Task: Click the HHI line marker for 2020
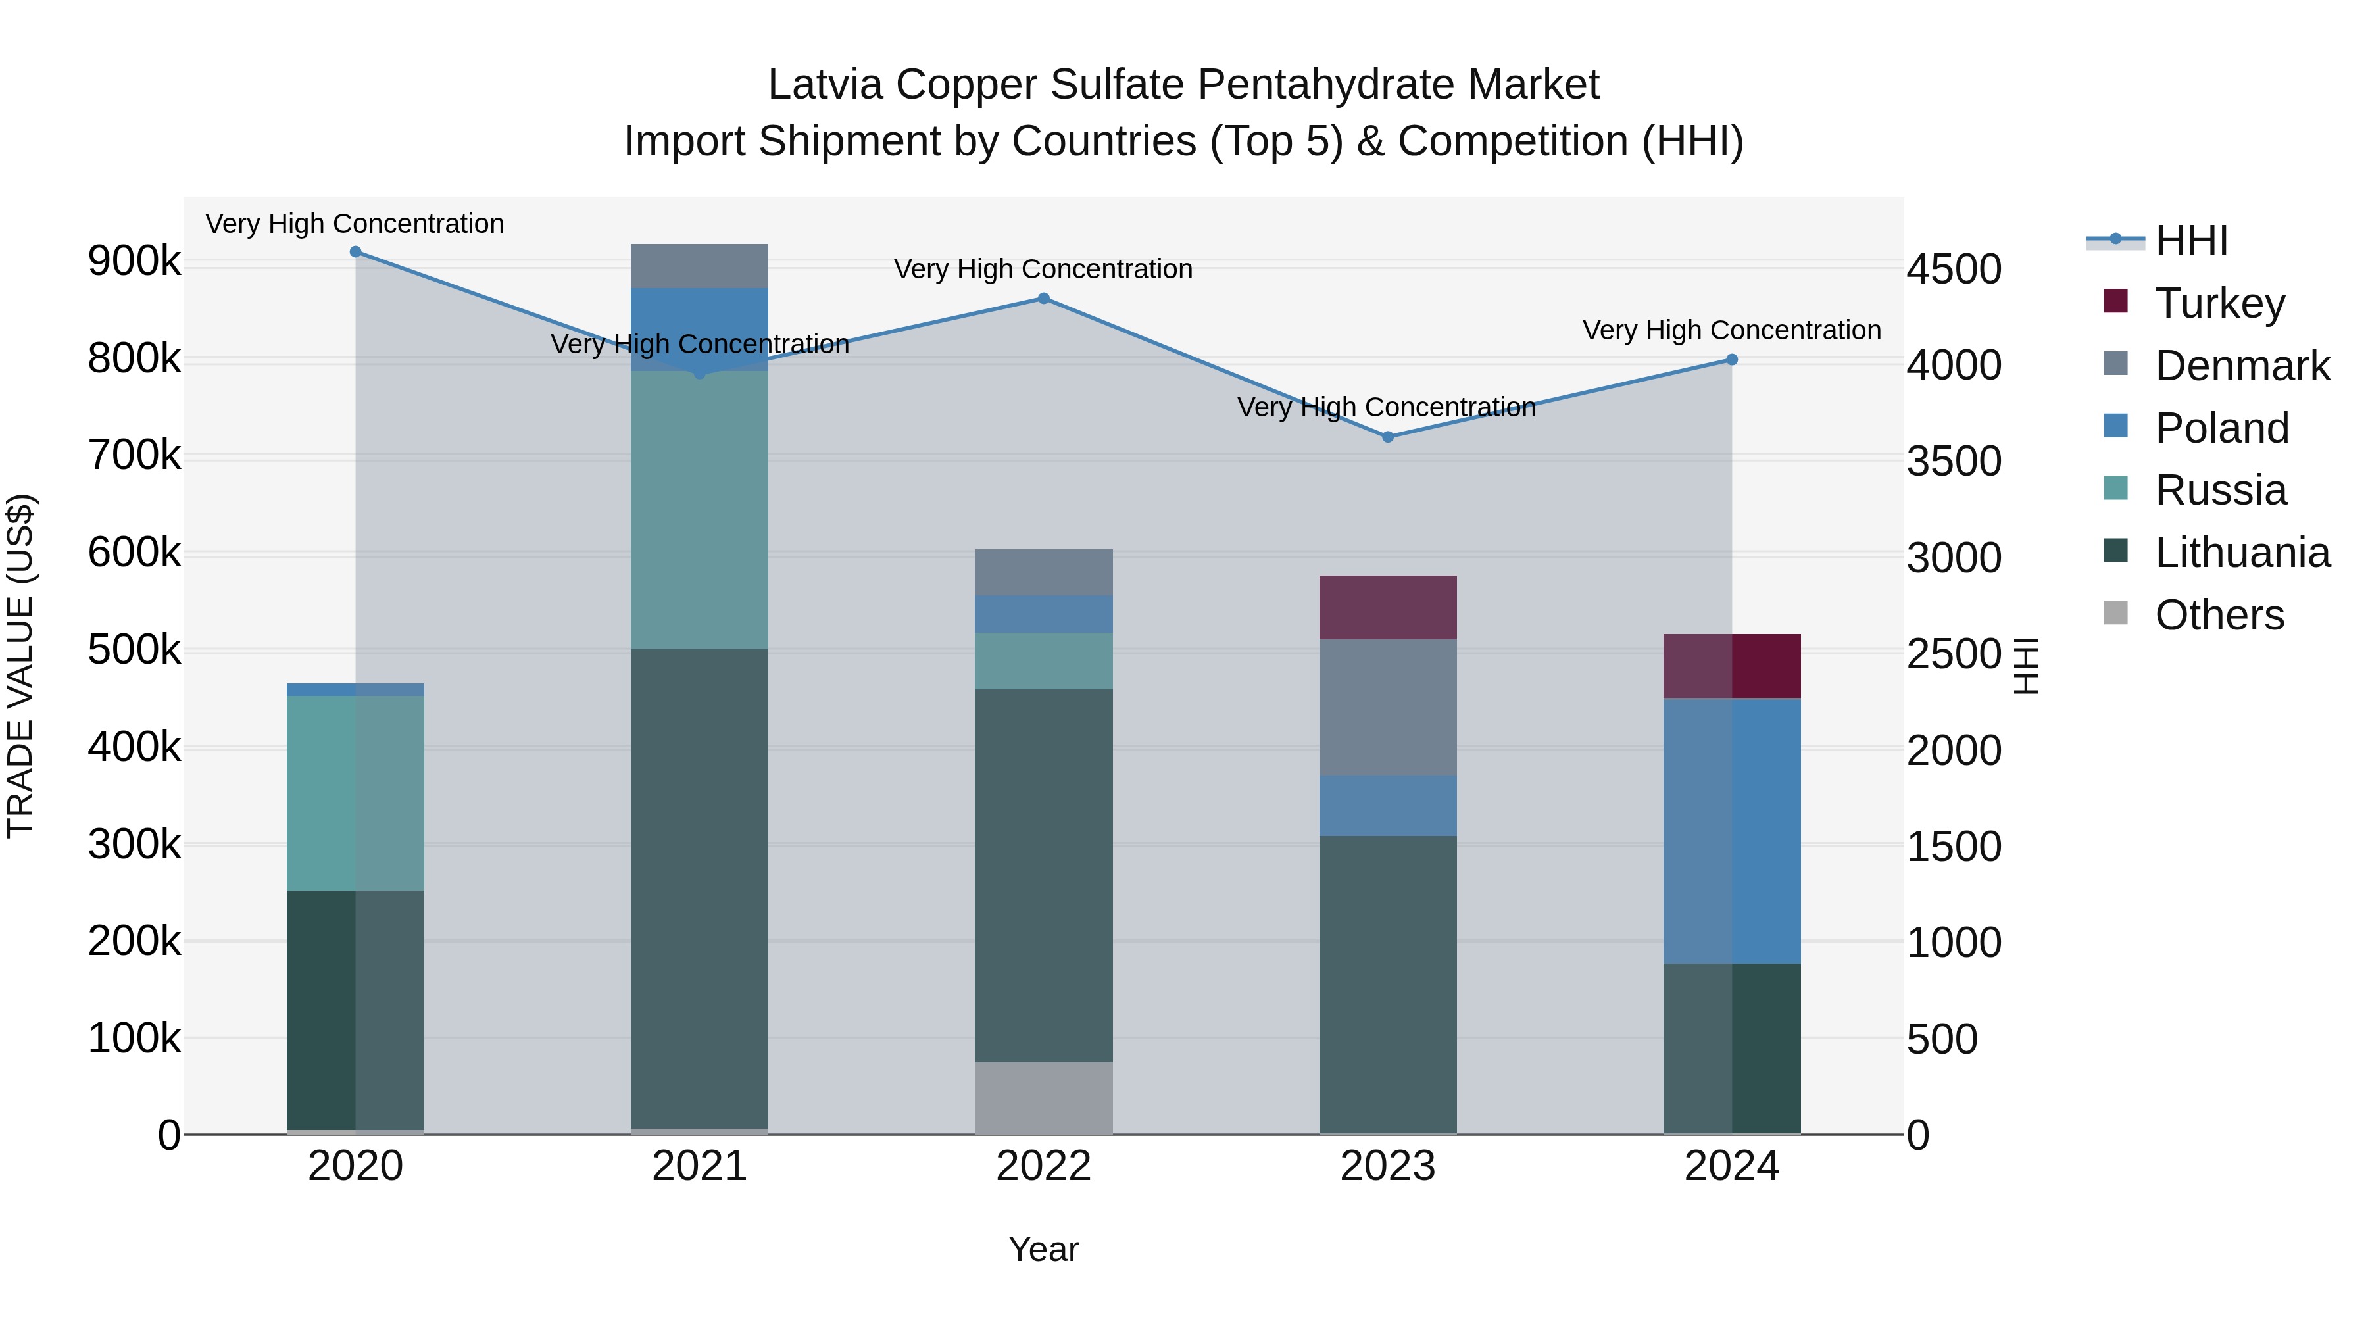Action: pos(356,252)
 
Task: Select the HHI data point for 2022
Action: pos(1043,299)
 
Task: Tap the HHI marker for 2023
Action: pos(1388,437)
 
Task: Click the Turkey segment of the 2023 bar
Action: pos(1388,608)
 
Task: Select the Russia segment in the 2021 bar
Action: pos(700,510)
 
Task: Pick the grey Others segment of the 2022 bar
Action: pos(1043,1098)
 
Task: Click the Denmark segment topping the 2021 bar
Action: pos(700,266)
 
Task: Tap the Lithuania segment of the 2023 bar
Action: pos(1388,983)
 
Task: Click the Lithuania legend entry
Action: pos(2241,553)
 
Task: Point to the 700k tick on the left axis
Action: pos(134,455)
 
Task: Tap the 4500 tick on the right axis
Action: pos(1954,269)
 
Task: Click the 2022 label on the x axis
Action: pos(1043,1166)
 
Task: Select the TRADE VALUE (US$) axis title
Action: pos(20,666)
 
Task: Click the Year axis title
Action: pos(1043,1249)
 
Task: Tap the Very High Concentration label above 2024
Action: pos(1732,330)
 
